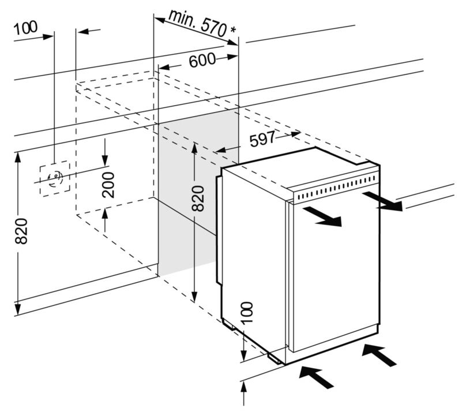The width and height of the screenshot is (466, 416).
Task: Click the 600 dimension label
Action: [x=202, y=60]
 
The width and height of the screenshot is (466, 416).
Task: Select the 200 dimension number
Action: [x=108, y=185]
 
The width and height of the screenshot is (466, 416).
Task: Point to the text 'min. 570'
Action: [x=197, y=23]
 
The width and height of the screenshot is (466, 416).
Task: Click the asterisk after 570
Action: [x=234, y=30]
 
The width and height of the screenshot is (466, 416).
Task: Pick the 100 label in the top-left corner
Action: [x=25, y=28]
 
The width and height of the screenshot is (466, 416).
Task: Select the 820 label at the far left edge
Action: [x=21, y=231]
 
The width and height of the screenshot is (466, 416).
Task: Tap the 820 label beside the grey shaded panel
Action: [x=198, y=198]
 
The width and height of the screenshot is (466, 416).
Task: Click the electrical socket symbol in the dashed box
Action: [x=55, y=178]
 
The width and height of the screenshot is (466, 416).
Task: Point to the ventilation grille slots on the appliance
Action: [x=336, y=187]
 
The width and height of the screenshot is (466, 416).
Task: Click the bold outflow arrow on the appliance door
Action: [x=322, y=216]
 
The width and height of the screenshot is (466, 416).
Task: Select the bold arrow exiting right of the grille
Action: [x=382, y=201]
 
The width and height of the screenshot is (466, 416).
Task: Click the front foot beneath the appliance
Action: [x=276, y=359]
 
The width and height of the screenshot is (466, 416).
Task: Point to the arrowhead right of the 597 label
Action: [x=296, y=134]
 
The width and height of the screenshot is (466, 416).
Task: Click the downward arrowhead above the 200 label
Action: [x=105, y=160]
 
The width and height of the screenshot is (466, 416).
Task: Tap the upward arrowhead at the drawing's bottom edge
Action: [x=244, y=388]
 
